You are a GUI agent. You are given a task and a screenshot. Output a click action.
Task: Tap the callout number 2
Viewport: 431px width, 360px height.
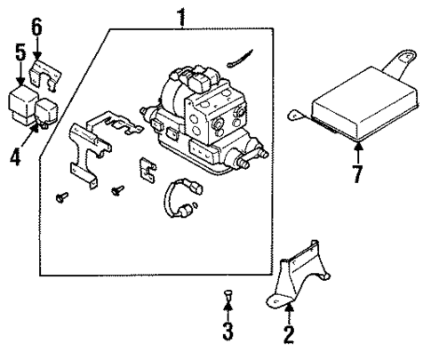point(288,335)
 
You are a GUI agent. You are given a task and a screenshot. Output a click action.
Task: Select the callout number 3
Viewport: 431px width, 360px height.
point(227,332)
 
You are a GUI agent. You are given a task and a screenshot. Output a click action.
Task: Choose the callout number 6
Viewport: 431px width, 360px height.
point(36,28)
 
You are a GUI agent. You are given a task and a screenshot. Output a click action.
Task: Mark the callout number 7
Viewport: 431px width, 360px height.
point(356,172)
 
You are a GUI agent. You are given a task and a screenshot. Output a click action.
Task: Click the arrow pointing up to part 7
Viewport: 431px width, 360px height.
point(356,150)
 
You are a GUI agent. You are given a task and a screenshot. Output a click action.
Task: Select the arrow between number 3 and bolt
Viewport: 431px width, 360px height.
point(227,312)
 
